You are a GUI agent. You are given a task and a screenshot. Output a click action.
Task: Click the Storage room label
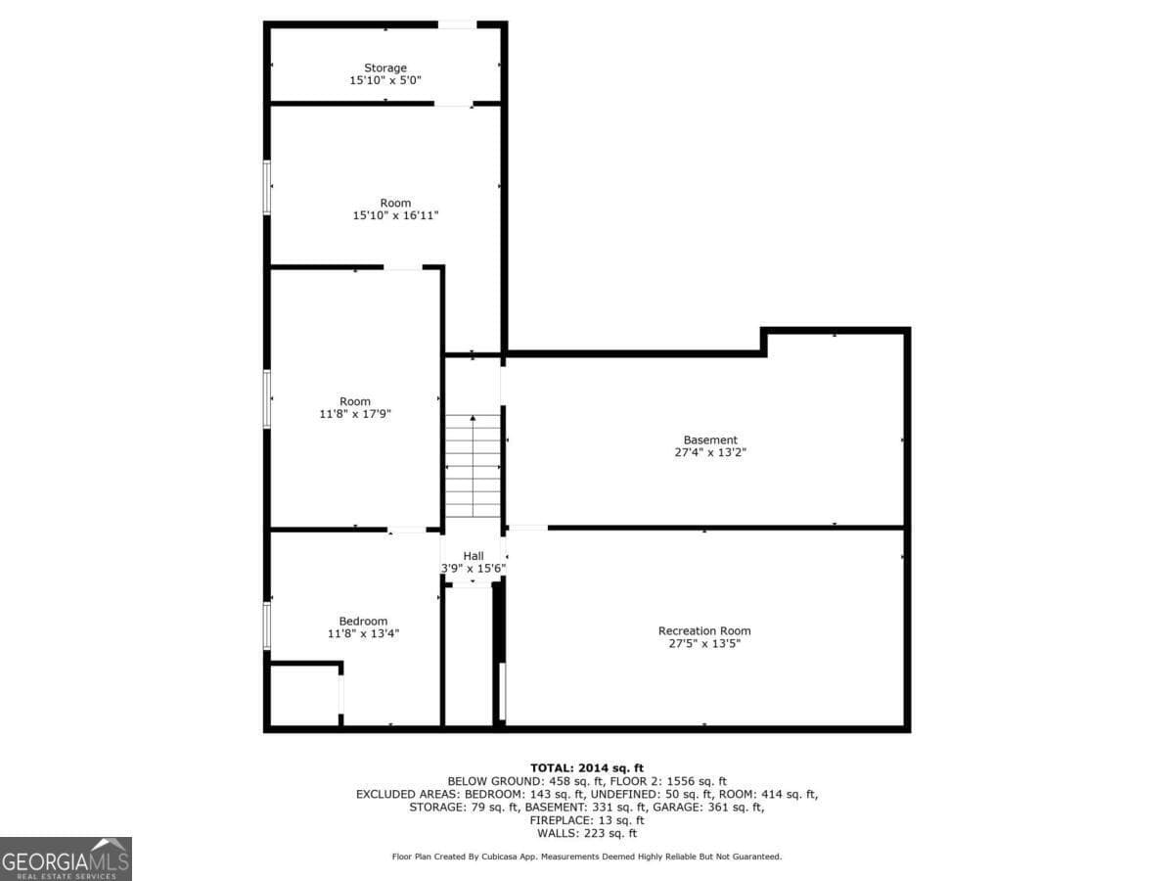pos(385,68)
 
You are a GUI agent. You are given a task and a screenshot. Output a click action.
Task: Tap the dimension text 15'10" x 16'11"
pos(395,215)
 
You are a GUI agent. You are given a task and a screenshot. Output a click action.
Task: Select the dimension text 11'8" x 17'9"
pos(355,414)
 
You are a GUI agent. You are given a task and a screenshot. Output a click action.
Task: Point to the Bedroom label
pos(363,621)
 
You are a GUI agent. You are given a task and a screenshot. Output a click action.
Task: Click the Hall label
pos(474,556)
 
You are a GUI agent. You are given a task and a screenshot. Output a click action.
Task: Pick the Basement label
pos(710,440)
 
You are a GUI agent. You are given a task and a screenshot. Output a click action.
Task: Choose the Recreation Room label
pos(704,630)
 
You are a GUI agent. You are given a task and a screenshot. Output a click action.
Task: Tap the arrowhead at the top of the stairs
pos(474,418)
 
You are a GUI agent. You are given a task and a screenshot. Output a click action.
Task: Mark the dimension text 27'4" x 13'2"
pos(710,453)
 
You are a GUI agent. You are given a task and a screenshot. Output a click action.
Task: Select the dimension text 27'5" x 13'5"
pos(704,644)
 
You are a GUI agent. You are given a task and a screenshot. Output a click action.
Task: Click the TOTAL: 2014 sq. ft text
pos(587,767)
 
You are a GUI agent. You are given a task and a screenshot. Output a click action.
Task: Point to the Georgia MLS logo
pos(66,858)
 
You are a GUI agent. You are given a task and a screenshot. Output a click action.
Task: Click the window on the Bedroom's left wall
pos(267,626)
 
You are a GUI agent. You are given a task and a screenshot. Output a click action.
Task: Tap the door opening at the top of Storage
pos(456,23)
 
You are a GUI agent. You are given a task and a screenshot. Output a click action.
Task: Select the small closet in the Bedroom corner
pos(303,696)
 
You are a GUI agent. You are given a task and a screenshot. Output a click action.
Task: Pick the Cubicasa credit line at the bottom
pos(587,857)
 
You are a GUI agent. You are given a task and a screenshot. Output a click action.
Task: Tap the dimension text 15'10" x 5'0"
pos(385,81)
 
